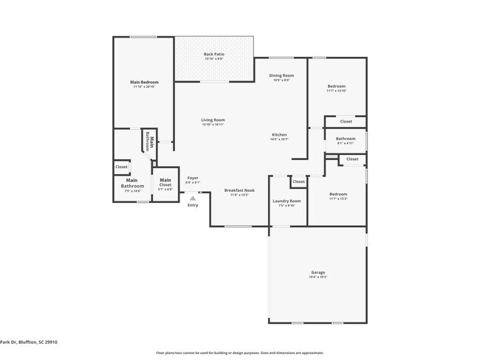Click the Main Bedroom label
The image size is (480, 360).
pos(145,82)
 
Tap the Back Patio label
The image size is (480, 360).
pos(213,55)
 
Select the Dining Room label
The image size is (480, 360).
pos(281,75)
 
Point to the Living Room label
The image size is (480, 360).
pos(213,120)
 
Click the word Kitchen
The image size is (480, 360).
pos(279,134)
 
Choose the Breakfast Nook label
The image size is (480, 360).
pos(239,190)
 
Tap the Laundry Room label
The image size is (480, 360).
pos(287,201)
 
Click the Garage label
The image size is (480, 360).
pos(318,272)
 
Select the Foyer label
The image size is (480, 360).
pos(193,178)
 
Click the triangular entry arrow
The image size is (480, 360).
pos(193,197)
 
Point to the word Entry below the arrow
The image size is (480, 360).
pos(193,205)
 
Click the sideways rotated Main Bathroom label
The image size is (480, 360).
pos(148,140)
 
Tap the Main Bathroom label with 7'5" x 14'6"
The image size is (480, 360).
pos(132,183)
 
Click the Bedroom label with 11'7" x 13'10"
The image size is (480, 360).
pos(336,86)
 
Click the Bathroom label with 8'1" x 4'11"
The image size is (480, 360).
pos(346,139)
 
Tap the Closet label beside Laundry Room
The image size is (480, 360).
pos(298,181)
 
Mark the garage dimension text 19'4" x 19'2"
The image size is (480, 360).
pos(318,277)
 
